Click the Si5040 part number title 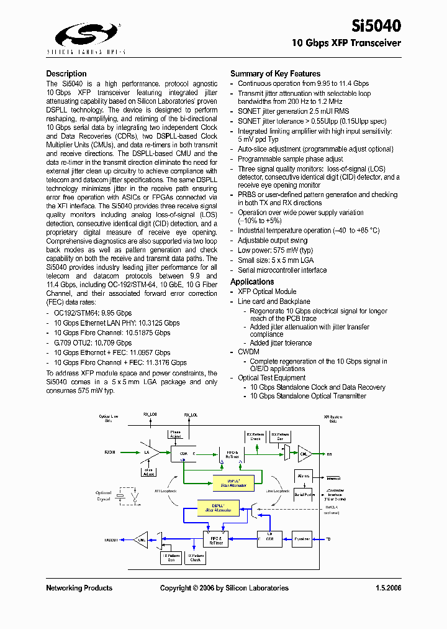376,25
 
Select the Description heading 66,73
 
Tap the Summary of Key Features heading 275,73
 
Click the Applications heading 252,282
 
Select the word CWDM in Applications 248,352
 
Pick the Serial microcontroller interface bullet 282,270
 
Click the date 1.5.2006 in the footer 388,588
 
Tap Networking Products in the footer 79,588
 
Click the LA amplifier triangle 149,453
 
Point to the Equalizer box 302,539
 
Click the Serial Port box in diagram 304,495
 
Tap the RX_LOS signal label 150,415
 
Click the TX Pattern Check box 196,558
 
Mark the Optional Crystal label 104,495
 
